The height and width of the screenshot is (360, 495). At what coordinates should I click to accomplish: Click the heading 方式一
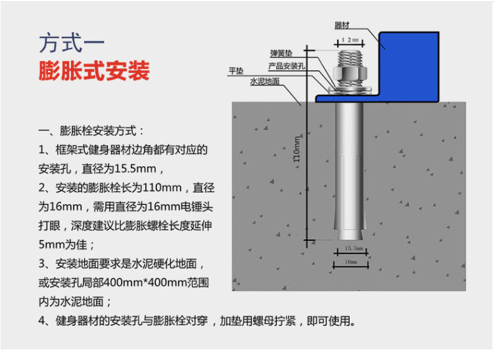(x=72, y=43)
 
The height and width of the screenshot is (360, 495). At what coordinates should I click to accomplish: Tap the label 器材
(x=342, y=26)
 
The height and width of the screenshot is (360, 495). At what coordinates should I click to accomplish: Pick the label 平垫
(x=235, y=71)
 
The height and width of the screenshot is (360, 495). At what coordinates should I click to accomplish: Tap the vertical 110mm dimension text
(x=296, y=149)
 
